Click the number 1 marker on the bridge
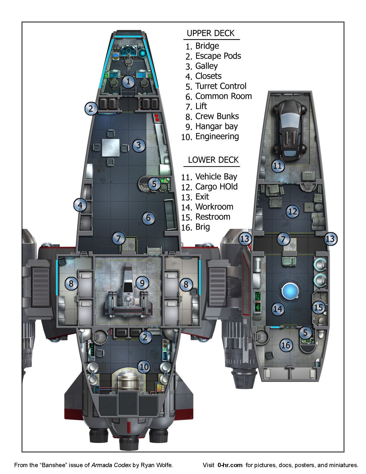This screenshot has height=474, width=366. click(128, 81)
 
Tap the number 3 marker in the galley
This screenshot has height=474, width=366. click(139, 145)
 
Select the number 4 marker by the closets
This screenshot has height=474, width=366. click(80, 205)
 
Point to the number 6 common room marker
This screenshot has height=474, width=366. click(148, 218)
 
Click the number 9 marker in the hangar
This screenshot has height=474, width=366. click(142, 283)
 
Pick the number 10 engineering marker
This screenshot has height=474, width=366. click(144, 367)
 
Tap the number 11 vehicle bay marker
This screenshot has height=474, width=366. click(278, 166)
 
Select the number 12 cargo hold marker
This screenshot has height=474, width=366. click(293, 212)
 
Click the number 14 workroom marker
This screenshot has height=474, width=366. click(278, 309)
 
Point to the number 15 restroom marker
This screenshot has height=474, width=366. click(318, 308)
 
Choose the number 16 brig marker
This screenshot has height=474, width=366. click(286, 345)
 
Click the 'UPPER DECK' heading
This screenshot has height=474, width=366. click(210, 33)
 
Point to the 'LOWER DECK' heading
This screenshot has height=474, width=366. click(213, 160)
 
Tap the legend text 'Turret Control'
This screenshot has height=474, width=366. click(221, 86)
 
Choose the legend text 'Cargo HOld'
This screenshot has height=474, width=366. click(216, 187)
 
